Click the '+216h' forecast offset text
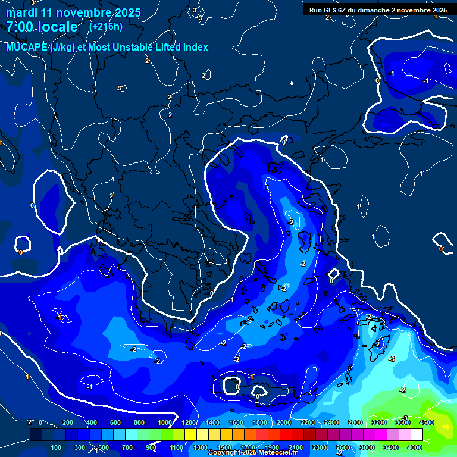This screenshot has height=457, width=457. click(106, 26)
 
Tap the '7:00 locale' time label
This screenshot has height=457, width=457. click(42, 27)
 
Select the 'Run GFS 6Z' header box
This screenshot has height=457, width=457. click(378, 10)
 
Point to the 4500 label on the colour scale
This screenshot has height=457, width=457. click(426, 422)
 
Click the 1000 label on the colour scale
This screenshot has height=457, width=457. click(165, 422)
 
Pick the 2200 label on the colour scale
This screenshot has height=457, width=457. click(307, 422)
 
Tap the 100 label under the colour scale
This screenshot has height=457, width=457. click(57, 447)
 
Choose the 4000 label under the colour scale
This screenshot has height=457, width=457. click(415, 447)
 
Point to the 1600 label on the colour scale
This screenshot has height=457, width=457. click(236, 422)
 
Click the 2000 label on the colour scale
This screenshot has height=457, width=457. click(284, 422)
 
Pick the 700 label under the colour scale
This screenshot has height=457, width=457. click(127, 447)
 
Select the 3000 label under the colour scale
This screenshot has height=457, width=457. click(367, 447)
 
